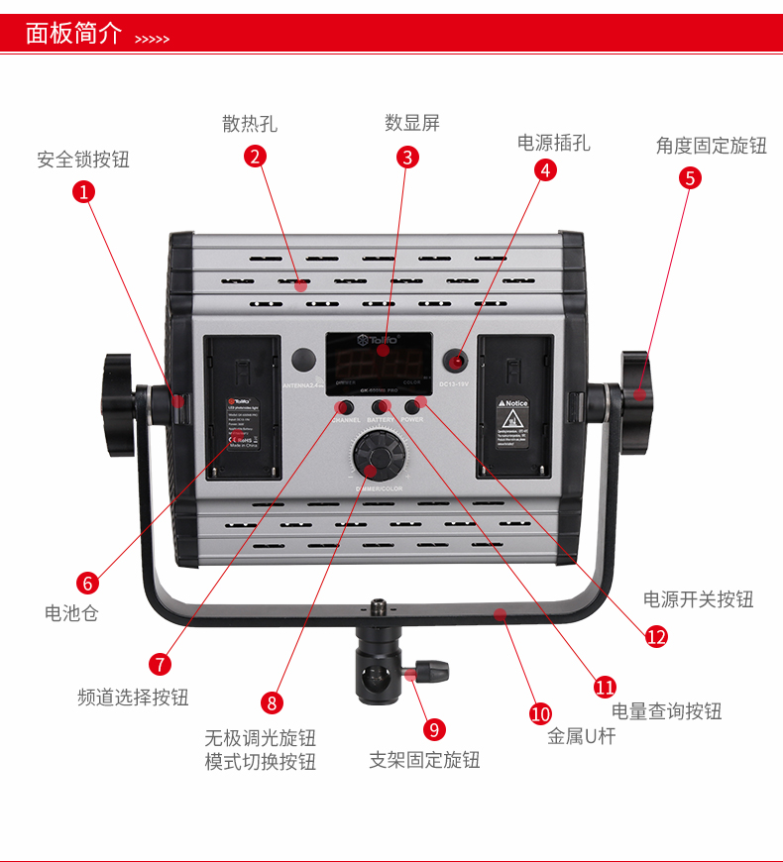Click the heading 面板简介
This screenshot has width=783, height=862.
(73, 33)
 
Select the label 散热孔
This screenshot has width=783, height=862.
(250, 124)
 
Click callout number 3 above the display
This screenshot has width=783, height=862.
(407, 157)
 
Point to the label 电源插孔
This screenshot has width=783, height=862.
(553, 143)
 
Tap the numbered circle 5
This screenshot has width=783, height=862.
(690, 177)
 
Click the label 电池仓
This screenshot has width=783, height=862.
(71, 613)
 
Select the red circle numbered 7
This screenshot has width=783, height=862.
(161, 664)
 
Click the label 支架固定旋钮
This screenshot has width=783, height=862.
(424, 760)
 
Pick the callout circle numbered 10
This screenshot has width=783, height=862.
(540, 713)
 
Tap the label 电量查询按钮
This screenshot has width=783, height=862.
(666, 710)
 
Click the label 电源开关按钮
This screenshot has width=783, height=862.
(698, 599)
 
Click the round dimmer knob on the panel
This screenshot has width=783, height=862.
(378, 457)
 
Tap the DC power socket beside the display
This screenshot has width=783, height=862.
(458, 360)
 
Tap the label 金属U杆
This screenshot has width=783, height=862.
(582, 736)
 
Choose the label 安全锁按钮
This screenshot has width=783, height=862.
(83, 160)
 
